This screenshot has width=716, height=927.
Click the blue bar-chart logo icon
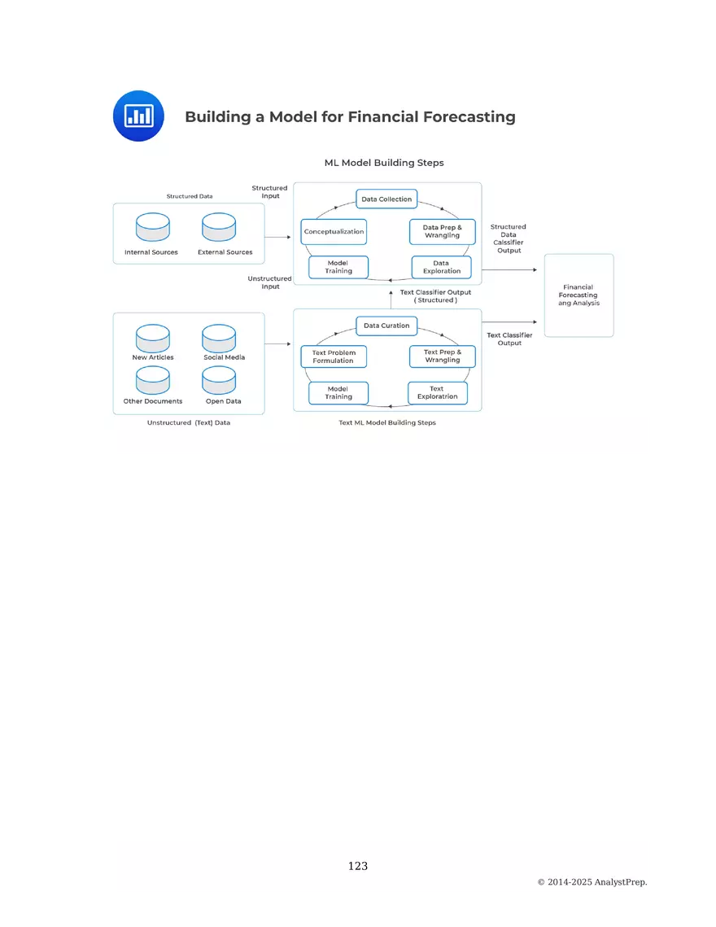[x=138, y=116]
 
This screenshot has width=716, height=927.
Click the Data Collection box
[x=386, y=199]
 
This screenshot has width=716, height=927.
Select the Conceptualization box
[x=334, y=232]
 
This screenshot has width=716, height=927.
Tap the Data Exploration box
[x=442, y=267]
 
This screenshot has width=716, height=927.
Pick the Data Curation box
[x=386, y=326]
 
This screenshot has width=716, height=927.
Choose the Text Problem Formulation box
[x=334, y=356]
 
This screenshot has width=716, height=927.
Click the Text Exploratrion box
[x=438, y=393]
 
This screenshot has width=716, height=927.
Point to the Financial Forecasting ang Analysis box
[x=578, y=295]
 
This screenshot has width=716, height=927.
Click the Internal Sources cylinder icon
[x=153, y=227]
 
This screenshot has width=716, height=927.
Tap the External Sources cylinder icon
[x=219, y=227]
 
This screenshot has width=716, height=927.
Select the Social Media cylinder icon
[x=219, y=336]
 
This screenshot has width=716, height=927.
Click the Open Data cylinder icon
[x=219, y=379]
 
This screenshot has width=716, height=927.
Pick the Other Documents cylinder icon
[x=153, y=379]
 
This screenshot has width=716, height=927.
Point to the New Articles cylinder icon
[x=153, y=336]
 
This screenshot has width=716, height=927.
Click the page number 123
[x=358, y=866]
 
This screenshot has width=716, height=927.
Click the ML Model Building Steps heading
[x=384, y=163]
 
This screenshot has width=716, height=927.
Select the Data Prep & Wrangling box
[x=442, y=232]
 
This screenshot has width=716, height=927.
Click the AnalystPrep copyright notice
[x=592, y=882]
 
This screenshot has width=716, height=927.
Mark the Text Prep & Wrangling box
[x=442, y=356]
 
